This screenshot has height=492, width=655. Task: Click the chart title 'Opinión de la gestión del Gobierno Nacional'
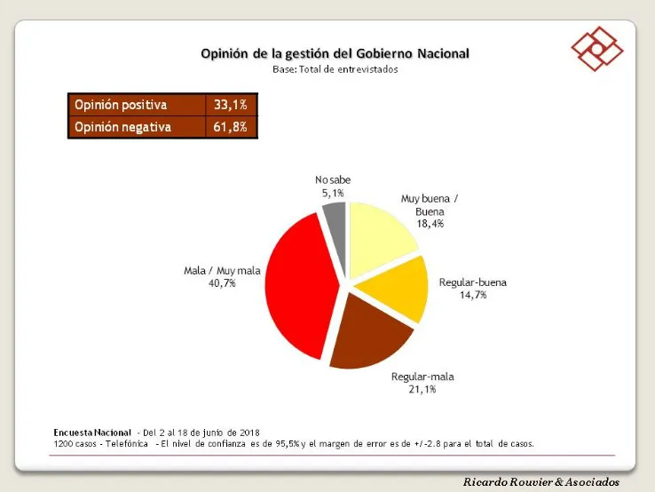(335, 53)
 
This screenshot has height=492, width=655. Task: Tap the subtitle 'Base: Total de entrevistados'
(335, 69)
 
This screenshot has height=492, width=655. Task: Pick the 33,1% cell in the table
(230, 105)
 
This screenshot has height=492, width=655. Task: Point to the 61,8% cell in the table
(230, 127)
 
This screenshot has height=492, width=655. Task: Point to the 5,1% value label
(333, 192)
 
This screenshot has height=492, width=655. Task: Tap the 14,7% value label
(473, 297)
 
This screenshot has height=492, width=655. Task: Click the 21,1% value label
(422, 389)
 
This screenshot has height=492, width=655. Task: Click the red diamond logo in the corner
(596, 50)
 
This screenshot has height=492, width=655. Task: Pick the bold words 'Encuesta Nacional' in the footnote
(92, 432)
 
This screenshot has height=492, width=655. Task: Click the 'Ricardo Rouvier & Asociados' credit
(541, 481)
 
